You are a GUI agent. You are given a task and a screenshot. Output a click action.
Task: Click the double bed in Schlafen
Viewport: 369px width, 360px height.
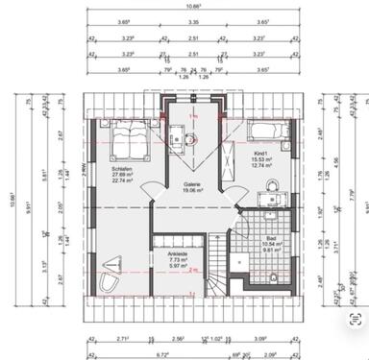click(126, 141)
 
